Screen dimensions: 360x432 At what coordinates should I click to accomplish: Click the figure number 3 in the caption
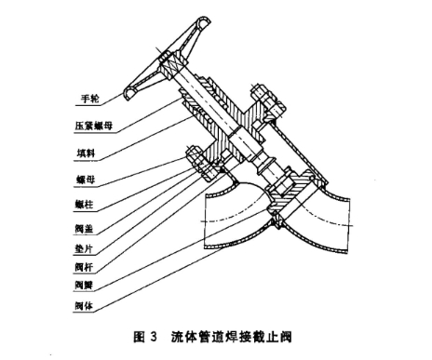click(x=153, y=332)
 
